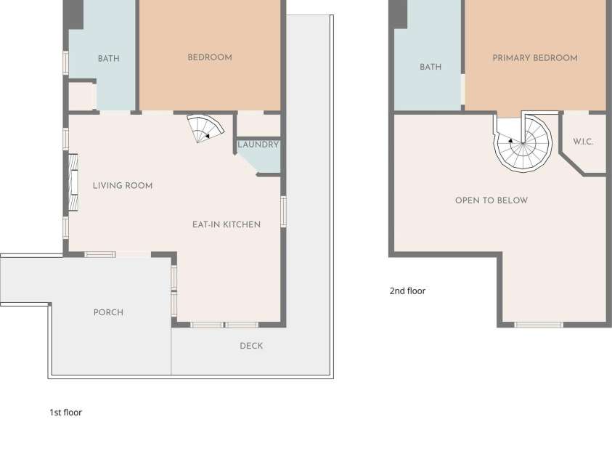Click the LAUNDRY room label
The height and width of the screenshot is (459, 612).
pos(258,145)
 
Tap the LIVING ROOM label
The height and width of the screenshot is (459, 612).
pos(123,186)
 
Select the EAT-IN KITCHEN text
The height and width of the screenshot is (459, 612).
pos(227,224)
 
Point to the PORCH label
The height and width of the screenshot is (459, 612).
pos(108,312)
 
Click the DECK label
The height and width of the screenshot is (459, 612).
pos(251,346)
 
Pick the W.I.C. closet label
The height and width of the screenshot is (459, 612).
pos(583,142)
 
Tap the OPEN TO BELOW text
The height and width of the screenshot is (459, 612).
pos(491,200)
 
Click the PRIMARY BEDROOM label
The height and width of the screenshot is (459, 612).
pos(535,58)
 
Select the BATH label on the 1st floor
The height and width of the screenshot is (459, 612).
pos(108,59)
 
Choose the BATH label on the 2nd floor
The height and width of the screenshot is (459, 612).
pos(431,67)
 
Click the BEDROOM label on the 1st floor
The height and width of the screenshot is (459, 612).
pos(210,57)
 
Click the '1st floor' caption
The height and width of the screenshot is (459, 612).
pos(65,413)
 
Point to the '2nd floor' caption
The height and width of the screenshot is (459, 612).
pos(407,291)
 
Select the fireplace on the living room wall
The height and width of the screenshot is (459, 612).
pos(73,183)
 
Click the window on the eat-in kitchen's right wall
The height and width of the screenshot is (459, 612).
pos(284,211)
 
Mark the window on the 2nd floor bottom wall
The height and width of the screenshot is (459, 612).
pos(539,325)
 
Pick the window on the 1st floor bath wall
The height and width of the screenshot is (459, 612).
pos(66,62)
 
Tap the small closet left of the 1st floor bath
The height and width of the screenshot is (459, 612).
pos(82,97)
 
